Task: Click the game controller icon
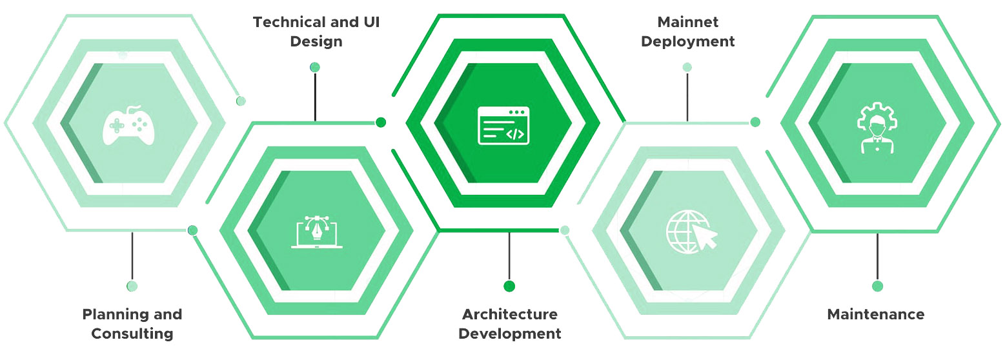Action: coord(128,125)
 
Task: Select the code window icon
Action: coord(503,125)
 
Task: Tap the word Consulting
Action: coord(132,334)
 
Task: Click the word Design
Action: coord(316,42)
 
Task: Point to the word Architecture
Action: coord(509,315)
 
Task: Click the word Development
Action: coord(509,334)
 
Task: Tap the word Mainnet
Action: coord(687,22)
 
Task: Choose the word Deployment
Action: coord(687,42)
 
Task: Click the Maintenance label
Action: coord(875,315)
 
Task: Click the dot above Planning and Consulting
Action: coord(132,286)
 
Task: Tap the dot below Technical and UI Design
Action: coord(315,67)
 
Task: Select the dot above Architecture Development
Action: coord(509,286)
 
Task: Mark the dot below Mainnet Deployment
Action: coord(687,67)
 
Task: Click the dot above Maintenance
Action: coord(877,286)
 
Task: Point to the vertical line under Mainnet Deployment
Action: coord(687,97)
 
